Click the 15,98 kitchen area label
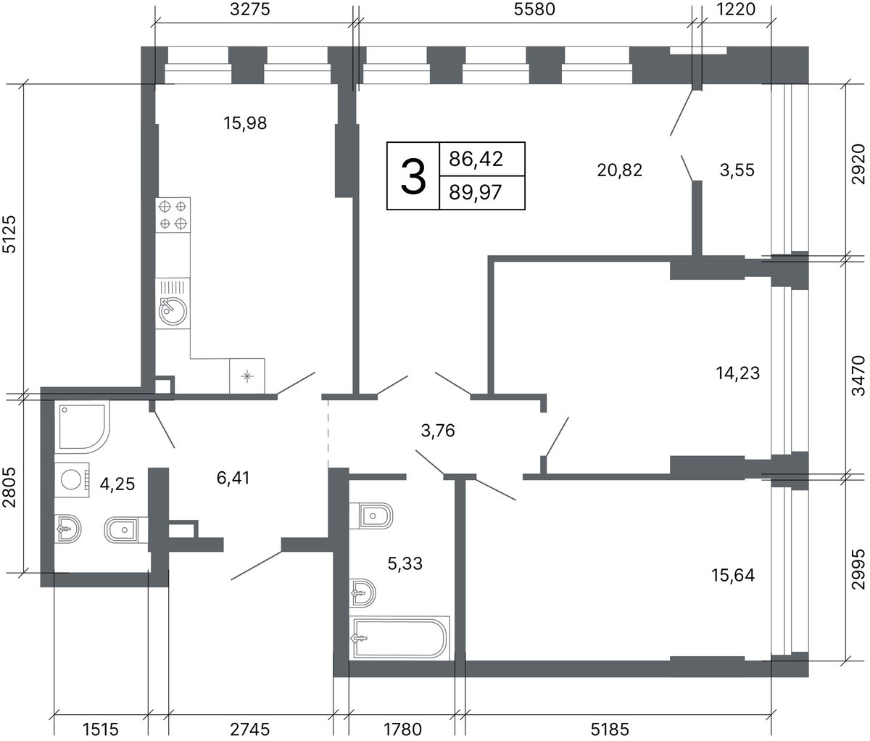pos(245,123)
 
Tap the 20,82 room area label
pos(620,170)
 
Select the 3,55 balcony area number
pos(737,170)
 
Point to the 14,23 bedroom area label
pos(738,373)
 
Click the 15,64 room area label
pos(733,575)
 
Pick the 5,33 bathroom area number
pos(405,563)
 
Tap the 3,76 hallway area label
pos(438,431)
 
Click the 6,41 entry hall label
pos(233,478)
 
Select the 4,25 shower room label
pos(117,484)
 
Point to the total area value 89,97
pos(476,193)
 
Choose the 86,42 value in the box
pos(476,159)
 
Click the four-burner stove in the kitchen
pos(173,215)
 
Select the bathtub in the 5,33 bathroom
pos(401,637)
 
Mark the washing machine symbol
pos(72,479)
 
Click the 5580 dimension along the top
pos(534,9)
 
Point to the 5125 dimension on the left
pos(9,234)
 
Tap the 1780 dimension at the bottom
pos(403,729)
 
